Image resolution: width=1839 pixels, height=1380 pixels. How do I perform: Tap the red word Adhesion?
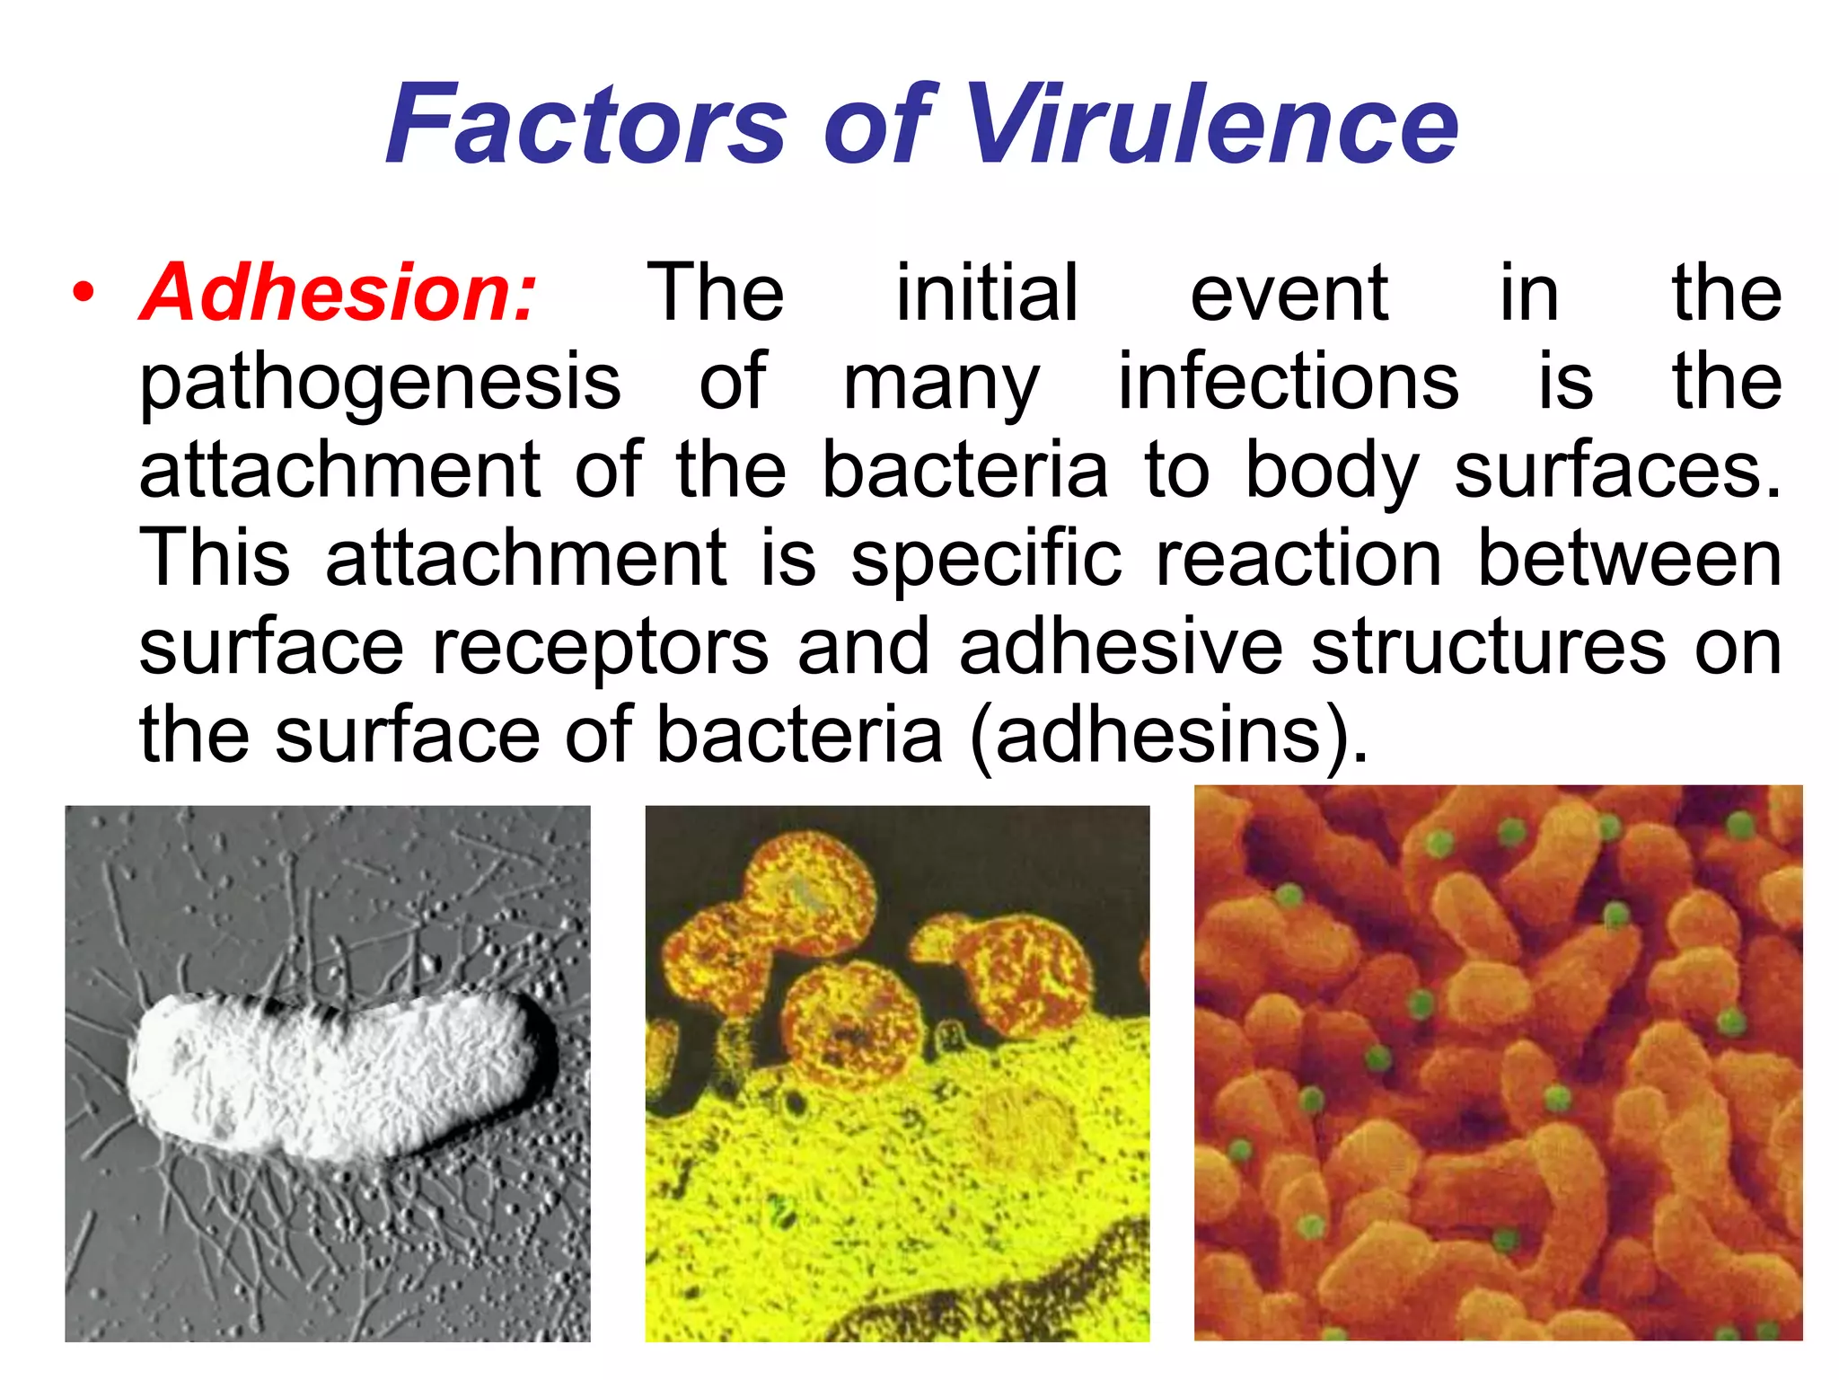[338, 292]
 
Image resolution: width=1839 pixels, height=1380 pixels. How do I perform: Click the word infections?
[1289, 381]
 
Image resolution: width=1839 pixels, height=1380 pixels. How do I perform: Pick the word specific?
[986, 560]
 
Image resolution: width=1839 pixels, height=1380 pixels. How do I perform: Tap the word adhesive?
[1121, 646]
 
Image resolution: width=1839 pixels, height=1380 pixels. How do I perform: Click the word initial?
[987, 292]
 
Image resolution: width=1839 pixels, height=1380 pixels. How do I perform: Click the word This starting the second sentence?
[215, 558]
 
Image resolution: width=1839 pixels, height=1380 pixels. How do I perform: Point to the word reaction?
[1298, 558]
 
